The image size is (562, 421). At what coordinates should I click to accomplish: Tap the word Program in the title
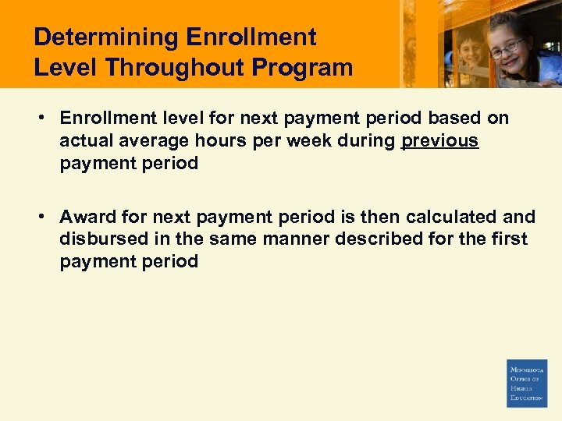307,67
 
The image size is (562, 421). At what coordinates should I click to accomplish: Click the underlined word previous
439,141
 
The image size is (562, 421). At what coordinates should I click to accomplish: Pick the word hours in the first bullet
213,141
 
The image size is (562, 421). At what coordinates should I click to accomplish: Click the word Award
88,217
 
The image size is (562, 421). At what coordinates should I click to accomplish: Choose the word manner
297,239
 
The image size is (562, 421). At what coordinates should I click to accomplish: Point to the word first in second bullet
510,239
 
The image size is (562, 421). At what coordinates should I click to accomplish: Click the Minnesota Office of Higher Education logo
527,383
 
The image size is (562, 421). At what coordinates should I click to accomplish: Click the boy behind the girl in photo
471,51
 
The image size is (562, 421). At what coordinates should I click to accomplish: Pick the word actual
82,141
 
